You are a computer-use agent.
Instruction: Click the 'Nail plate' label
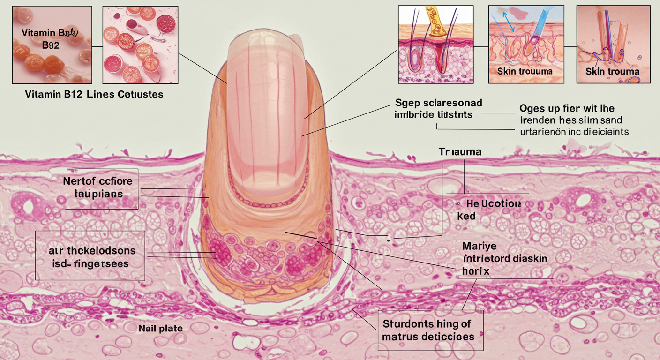[x=160, y=329]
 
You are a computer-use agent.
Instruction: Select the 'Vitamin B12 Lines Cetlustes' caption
[x=94, y=94]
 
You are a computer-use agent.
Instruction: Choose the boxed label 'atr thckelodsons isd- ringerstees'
[x=90, y=256]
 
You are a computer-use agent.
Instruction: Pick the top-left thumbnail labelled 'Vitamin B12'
[x=52, y=45]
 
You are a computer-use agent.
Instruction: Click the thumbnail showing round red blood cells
[x=140, y=45]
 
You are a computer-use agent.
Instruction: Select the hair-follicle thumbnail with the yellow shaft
[x=436, y=45]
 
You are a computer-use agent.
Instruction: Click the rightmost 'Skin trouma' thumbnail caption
[x=612, y=71]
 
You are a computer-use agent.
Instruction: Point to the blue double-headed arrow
[x=508, y=22]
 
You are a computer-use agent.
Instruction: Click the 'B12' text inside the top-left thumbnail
[x=51, y=45]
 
